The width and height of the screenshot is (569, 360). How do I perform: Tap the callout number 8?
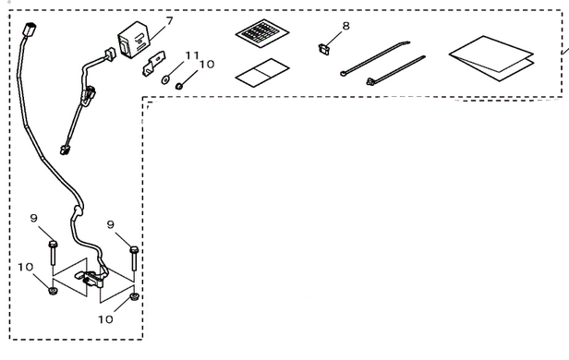click(x=345, y=26)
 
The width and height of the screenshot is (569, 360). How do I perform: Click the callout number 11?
click(x=191, y=56)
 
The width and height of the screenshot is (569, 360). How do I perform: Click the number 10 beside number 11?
click(x=205, y=66)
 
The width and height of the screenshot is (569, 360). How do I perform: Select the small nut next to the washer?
click(x=180, y=88)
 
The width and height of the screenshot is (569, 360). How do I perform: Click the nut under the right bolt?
click(x=134, y=298)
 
